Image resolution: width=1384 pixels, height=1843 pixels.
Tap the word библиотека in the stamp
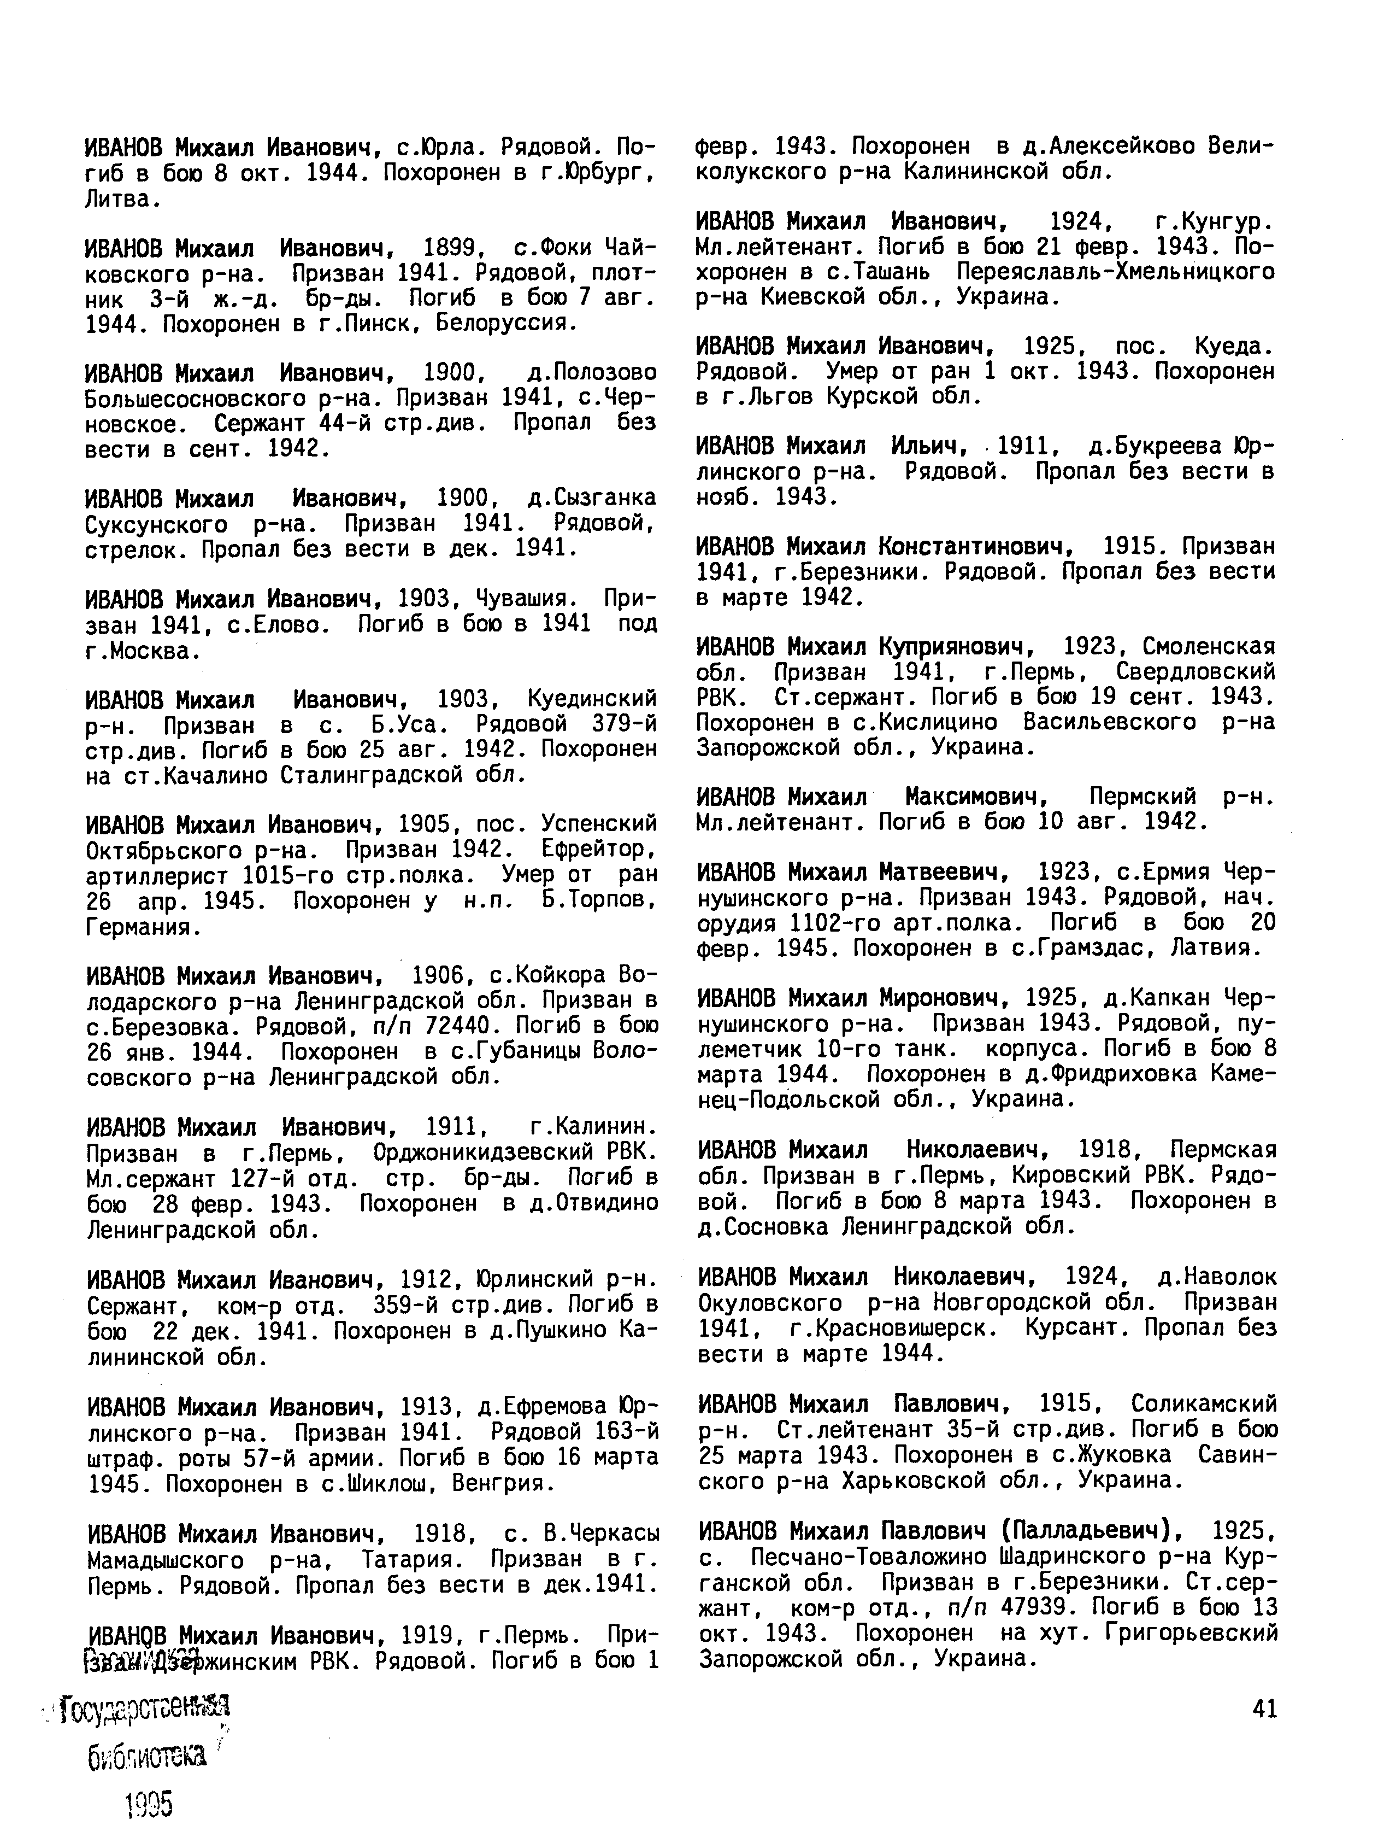pyautogui.click(x=146, y=1759)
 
